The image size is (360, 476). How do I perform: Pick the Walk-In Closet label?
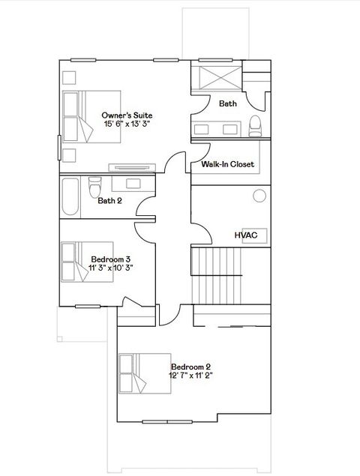point(227,164)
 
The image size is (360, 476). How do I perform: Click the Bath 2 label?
point(109,200)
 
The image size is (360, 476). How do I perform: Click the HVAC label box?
point(246,235)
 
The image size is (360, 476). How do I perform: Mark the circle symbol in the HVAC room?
point(259,196)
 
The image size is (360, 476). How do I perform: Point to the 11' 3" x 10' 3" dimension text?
point(111,268)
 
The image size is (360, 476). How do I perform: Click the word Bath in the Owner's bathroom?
point(228,104)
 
